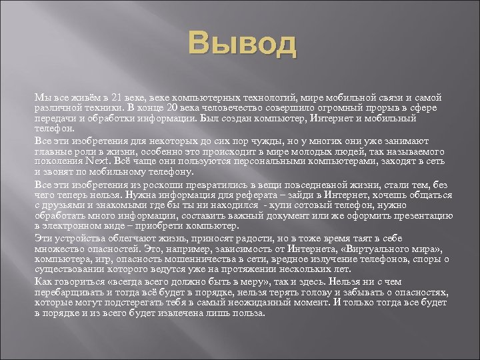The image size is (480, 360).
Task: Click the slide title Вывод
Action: pos(242,45)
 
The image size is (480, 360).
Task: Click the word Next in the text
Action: pos(99,161)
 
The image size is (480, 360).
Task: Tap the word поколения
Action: pos(58,161)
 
